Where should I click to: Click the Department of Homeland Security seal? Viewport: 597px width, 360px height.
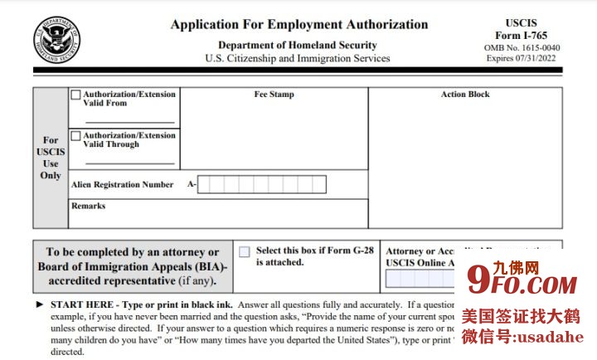(x=57, y=39)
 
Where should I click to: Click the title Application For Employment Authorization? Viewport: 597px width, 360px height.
(x=299, y=25)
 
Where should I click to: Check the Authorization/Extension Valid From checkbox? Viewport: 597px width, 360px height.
(x=76, y=95)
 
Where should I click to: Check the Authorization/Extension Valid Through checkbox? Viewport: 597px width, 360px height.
(x=76, y=135)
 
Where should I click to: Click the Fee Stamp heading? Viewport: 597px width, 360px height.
(x=274, y=95)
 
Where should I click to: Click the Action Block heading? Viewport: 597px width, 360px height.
(x=465, y=95)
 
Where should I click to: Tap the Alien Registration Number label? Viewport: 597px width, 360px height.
(x=123, y=185)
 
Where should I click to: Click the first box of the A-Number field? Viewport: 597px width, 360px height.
(x=206, y=184)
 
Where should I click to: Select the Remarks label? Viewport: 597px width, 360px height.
(x=88, y=206)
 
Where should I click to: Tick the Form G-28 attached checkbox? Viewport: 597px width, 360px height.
(x=245, y=251)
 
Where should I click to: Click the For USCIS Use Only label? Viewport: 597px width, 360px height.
(x=51, y=158)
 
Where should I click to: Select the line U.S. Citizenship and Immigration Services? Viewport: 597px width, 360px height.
(x=297, y=59)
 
